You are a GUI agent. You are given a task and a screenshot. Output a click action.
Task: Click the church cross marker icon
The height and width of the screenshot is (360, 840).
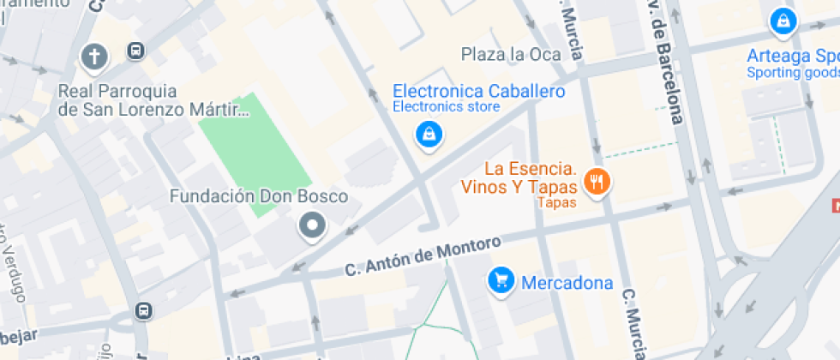(x=93, y=57)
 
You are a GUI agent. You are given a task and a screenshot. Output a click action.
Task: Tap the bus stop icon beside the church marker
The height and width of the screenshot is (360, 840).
(x=136, y=51)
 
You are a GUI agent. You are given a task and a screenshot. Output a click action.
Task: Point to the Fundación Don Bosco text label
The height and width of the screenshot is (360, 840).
(x=259, y=196)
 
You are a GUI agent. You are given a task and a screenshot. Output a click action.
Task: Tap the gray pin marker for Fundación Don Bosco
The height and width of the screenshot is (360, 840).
(x=312, y=227)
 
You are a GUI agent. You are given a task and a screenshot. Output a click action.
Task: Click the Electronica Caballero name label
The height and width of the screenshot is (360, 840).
(x=478, y=91)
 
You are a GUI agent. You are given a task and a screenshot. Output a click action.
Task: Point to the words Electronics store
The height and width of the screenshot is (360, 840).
(x=446, y=107)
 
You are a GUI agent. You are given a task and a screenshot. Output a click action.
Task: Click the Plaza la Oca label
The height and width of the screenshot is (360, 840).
(x=511, y=55)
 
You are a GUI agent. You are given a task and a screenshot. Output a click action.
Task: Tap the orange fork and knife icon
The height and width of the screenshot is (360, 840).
(x=597, y=181)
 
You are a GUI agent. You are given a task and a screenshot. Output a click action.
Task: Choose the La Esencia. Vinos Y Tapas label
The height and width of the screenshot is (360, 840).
(x=529, y=177)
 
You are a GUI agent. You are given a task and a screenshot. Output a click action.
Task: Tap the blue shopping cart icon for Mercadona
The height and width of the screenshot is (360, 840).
(x=500, y=279)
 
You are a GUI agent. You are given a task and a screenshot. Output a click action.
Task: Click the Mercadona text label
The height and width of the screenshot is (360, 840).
(x=567, y=283)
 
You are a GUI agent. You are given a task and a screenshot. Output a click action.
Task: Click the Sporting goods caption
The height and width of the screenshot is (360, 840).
(x=792, y=73)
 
